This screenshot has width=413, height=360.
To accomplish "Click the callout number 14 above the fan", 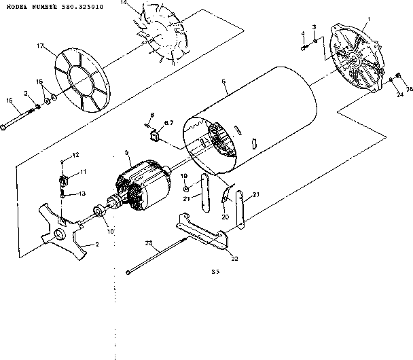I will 124,3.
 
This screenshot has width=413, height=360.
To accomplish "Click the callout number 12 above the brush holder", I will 76,155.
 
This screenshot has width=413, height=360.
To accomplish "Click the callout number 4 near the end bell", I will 303,33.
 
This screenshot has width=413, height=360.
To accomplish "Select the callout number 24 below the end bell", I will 399,95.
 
